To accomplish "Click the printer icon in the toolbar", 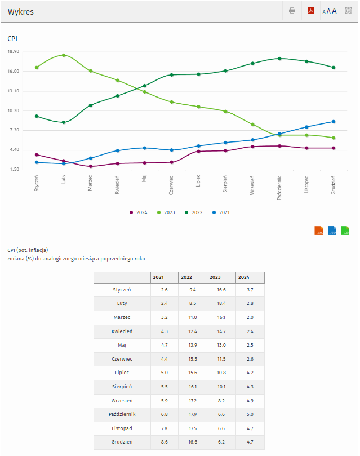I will [292, 11].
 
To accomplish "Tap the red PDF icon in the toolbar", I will [310, 11].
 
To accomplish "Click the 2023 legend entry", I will [166, 212].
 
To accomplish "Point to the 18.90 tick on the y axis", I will [14, 52].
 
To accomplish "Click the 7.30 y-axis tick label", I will [14, 130].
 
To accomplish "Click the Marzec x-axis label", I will [90, 183].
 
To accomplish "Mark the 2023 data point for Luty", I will [64, 55].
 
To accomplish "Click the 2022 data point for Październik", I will [280, 59].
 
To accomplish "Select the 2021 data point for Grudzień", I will [334, 122].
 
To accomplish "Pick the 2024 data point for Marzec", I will [90, 166].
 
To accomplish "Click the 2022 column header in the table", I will [186, 277].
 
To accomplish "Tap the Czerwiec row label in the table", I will [122, 359].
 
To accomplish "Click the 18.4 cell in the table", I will [215, 303].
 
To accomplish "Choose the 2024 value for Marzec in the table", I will [243, 317].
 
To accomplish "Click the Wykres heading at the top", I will [21, 11].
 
